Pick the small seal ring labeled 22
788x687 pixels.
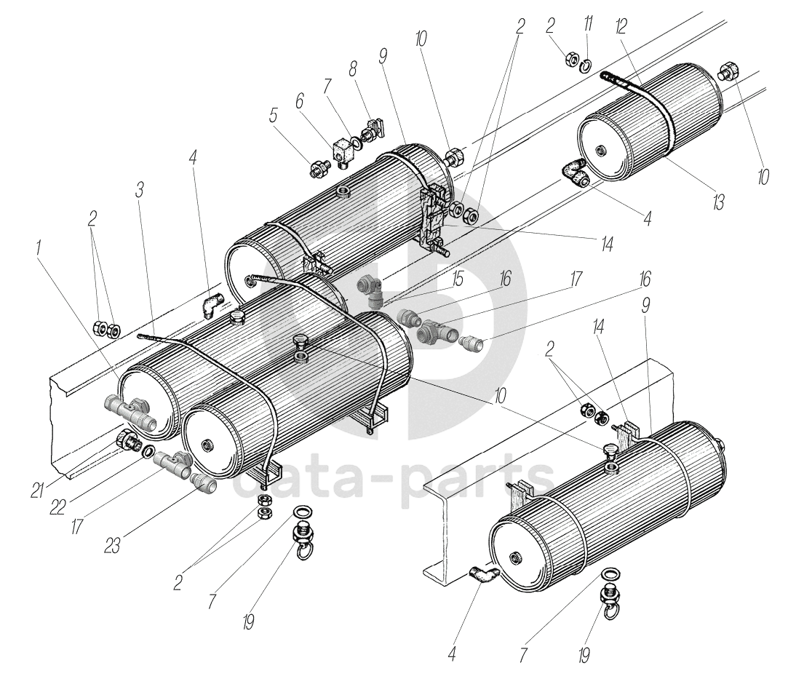coord(148,453)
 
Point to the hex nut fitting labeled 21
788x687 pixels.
coord(128,440)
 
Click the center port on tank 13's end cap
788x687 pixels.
coord(600,151)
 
